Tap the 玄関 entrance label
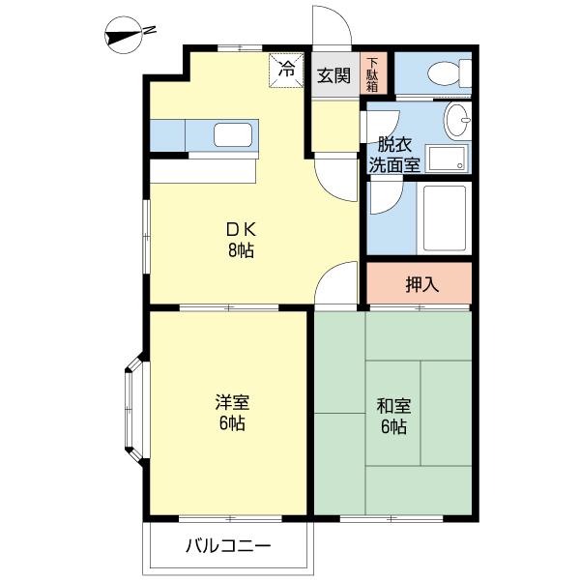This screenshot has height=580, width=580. tap(333, 75)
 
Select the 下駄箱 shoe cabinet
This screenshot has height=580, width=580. tap(372, 74)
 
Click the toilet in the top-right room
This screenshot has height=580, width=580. tap(444, 73)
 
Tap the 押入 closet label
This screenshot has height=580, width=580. tap(421, 284)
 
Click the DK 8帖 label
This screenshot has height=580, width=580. tap(241, 240)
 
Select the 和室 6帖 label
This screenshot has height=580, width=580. tap(393, 416)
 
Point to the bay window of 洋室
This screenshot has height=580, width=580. tap(132, 411)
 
